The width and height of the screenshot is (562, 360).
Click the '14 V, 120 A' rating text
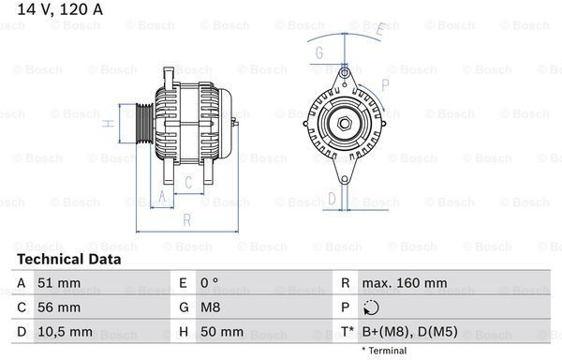pyautogui.click(x=60, y=9)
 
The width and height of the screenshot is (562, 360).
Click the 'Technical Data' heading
pyautogui.click(x=68, y=260)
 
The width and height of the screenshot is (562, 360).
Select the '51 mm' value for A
pyautogui.click(x=59, y=283)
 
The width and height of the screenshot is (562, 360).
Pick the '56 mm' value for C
pyautogui.click(x=59, y=307)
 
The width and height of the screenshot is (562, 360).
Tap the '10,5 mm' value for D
pyautogui.click(x=65, y=332)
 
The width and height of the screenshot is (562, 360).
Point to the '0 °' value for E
pyautogui.click(x=209, y=283)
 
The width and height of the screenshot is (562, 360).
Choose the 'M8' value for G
pyautogui.click(x=210, y=307)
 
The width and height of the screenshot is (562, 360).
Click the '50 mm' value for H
pyautogui.click(x=222, y=332)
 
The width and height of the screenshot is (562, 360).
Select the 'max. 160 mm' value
pyautogui.click(x=405, y=283)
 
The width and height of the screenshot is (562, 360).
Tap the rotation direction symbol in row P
pyautogui.click(x=371, y=307)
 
